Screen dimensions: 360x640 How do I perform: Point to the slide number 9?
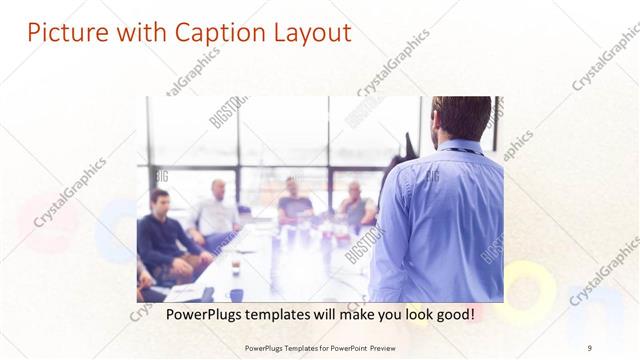pyautogui.click(x=590, y=347)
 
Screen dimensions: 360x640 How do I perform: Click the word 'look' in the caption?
pyautogui.click(x=410, y=314)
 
